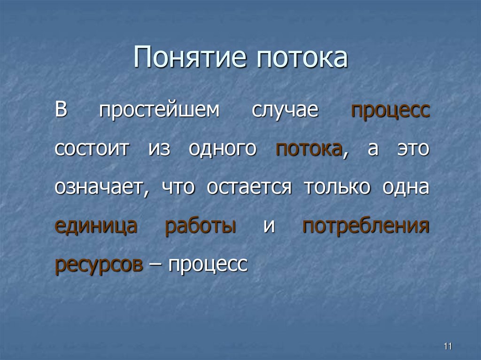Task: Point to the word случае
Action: (285, 111)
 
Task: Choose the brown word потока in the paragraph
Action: (309, 150)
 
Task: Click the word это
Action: (413, 150)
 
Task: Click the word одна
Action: (405, 188)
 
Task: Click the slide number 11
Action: (447, 346)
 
